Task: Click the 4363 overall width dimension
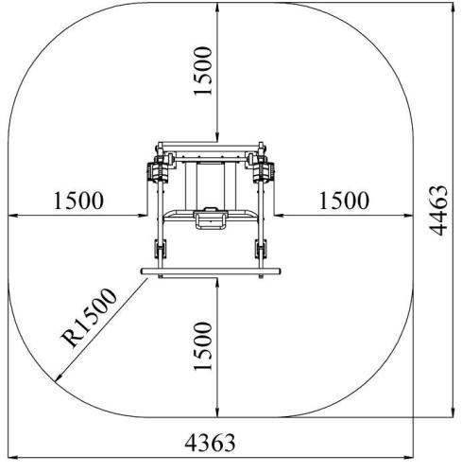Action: click(x=210, y=443)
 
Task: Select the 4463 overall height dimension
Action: click(x=438, y=211)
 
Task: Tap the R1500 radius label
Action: click(x=90, y=317)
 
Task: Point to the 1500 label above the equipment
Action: click(x=203, y=71)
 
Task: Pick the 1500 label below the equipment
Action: click(x=203, y=345)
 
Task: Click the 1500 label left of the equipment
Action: click(x=78, y=201)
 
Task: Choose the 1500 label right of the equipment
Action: click(x=344, y=201)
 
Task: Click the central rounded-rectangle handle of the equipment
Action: click(x=211, y=219)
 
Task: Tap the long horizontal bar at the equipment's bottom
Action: click(x=211, y=272)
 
